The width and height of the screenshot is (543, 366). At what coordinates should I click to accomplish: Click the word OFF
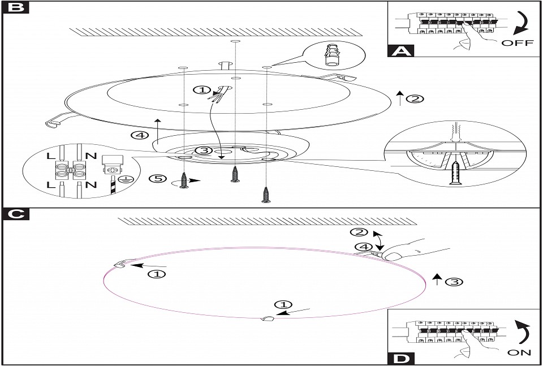click(x=518, y=44)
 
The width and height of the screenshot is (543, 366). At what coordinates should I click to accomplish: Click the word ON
click(x=519, y=352)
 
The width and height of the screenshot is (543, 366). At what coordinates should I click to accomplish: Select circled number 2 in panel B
click(x=415, y=99)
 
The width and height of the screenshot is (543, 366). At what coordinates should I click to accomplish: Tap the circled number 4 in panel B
click(x=139, y=136)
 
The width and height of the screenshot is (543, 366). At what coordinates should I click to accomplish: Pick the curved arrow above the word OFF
click(x=522, y=23)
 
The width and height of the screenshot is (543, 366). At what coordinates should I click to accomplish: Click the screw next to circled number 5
click(x=184, y=179)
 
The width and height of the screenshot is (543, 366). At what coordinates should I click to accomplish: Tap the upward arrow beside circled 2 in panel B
click(x=399, y=98)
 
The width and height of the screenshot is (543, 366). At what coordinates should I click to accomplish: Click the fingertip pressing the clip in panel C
click(x=391, y=256)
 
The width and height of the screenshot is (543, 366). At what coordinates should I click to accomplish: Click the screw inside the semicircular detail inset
click(x=456, y=175)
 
